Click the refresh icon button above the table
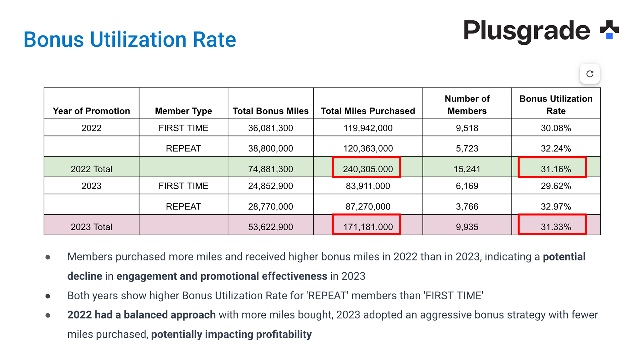pyautogui.click(x=590, y=74)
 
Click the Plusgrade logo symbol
pyautogui.click(x=609, y=30)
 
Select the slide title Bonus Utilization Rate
pyautogui.click(x=130, y=40)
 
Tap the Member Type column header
pyautogui.click(x=183, y=111)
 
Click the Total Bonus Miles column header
pyautogui.click(x=270, y=111)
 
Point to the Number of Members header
pyautogui.click(x=467, y=105)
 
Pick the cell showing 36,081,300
pyautogui.click(x=270, y=128)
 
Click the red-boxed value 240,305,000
pyautogui.click(x=368, y=169)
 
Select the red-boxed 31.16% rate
pyautogui.click(x=555, y=169)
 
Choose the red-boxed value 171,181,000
pyautogui.click(x=368, y=227)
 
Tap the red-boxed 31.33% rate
pyautogui.click(x=555, y=227)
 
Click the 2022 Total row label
pyautogui.click(x=91, y=169)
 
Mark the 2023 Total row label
pyautogui.click(x=91, y=227)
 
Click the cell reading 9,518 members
pyautogui.click(x=467, y=128)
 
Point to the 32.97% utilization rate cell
pyautogui.click(x=555, y=206)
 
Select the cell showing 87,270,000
pyautogui.click(x=368, y=206)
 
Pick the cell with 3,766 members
pyautogui.click(x=467, y=206)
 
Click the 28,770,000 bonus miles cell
pyautogui.click(x=270, y=206)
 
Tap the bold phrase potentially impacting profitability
pyautogui.click(x=231, y=334)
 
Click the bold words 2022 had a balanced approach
pyautogui.click(x=141, y=315)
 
